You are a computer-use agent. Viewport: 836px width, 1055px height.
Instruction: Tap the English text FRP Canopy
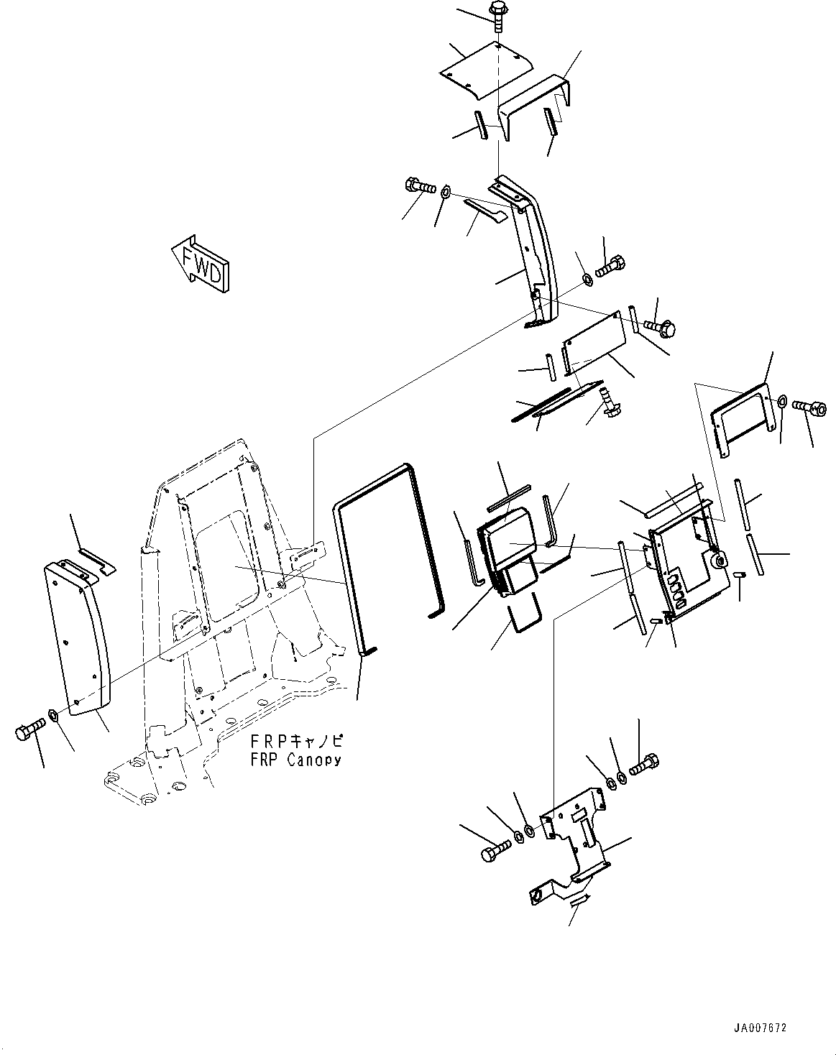coord(295,760)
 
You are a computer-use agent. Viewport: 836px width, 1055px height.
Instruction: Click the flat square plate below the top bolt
coord(485,69)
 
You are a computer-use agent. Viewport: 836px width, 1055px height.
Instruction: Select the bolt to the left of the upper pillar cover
coord(421,186)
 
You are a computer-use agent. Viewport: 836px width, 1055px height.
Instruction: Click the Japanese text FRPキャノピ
coord(297,741)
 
